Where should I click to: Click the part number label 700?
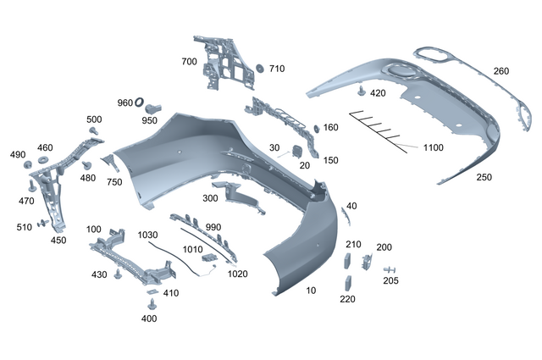click(188, 62)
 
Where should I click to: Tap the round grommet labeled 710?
click(259, 69)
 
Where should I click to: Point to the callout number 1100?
click(433, 148)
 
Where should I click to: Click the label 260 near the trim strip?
click(501, 71)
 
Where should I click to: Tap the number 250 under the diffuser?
click(484, 178)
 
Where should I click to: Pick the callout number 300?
click(209, 198)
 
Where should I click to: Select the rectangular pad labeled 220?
click(347, 283)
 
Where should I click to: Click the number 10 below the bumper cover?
click(311, 291)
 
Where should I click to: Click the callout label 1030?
click(147, 235)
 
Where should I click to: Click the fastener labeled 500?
click(94, 132)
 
